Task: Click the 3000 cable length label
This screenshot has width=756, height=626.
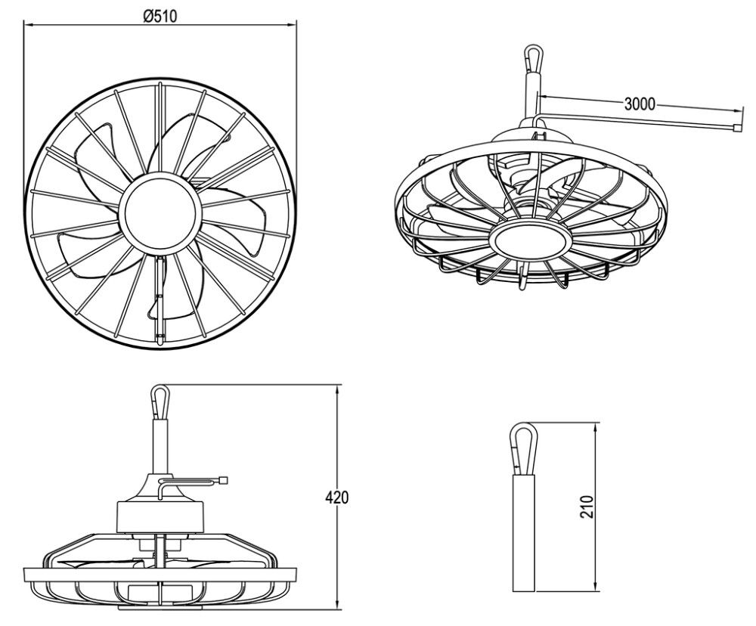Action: click(640, 104)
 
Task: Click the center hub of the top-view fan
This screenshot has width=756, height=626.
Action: click(160, 212)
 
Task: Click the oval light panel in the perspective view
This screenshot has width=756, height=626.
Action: click(528, 241)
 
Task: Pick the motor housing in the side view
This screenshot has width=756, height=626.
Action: click(160, 518)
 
